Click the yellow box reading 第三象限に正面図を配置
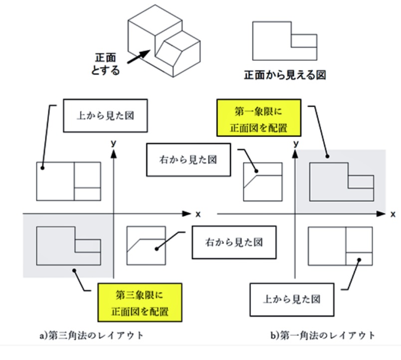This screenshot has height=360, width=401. (139, 302)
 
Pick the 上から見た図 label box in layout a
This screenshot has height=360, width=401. (105, 116)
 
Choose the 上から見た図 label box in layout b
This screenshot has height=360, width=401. (292, 299)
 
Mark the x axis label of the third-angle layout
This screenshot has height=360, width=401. (198, 214)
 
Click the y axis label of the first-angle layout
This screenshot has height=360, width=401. (296, 144)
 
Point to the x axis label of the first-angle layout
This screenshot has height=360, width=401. (393, 214)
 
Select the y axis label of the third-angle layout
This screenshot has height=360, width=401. (114, 144)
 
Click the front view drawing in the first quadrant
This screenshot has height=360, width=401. (341, 181)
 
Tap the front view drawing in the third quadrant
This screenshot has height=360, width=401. (68, 245)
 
